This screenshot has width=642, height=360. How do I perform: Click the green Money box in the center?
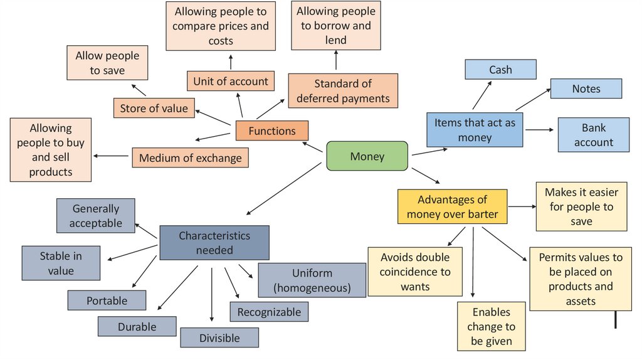367,156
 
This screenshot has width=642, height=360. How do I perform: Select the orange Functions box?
272,131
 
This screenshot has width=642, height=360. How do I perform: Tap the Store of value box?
154,108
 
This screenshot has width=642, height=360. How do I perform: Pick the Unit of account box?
231,81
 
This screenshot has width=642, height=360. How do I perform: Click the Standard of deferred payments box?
343,91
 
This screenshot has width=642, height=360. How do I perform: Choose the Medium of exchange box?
190,157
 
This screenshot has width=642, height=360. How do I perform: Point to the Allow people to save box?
107,63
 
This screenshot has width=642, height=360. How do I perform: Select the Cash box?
500,70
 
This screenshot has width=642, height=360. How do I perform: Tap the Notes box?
586,89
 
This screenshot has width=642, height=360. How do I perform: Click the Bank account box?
593,135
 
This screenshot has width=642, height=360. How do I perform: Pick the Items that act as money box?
475,130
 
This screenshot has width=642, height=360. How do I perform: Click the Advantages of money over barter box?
452,207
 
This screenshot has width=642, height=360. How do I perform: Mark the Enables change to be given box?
491,326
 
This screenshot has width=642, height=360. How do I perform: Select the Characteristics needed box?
214,243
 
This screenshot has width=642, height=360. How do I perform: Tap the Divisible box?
219,338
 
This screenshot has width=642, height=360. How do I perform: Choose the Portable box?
107,300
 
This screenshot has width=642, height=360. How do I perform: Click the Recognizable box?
269,312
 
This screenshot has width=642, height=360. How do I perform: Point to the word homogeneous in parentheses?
312,289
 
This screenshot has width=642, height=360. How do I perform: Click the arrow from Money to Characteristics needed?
286,189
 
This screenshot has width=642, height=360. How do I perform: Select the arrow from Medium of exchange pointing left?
112,156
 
